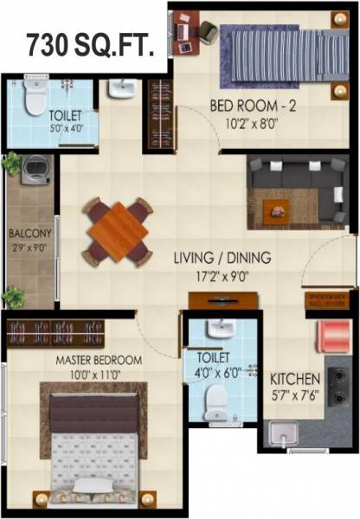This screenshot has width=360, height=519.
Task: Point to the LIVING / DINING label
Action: click(222, 257)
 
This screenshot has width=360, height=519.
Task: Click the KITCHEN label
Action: click(296, 379)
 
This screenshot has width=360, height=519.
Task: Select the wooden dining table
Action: click(118, 231)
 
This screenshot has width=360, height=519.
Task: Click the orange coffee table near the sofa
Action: click(277, 208)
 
